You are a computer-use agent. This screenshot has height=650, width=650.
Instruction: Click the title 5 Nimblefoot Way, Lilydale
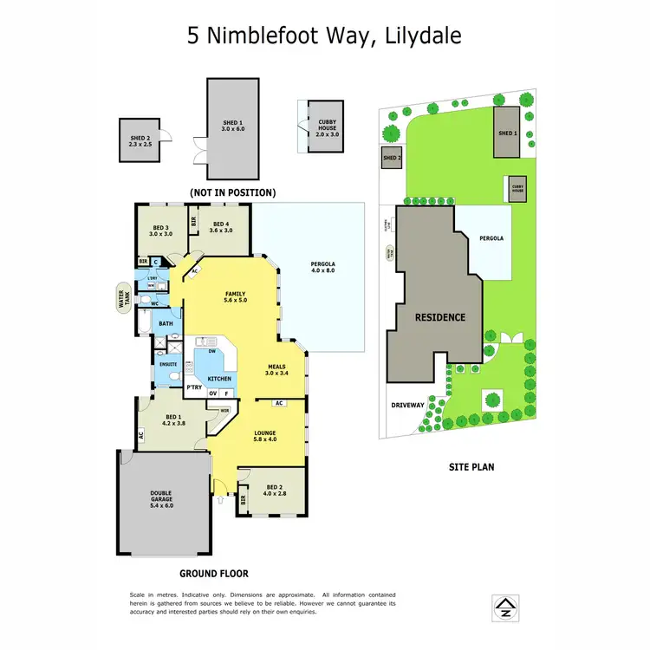point(324,36)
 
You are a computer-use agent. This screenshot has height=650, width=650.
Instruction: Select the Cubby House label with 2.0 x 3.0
point(327,132)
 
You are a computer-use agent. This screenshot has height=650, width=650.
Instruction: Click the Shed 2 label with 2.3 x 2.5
point(141,140)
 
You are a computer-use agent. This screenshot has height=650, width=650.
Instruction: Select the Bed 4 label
point(223,227)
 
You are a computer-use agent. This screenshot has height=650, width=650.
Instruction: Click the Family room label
point(236,297)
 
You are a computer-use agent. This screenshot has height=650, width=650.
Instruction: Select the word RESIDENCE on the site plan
point(439,317)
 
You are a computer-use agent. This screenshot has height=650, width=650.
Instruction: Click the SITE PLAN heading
point(471,466)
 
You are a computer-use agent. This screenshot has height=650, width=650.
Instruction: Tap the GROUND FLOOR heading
point(213,573)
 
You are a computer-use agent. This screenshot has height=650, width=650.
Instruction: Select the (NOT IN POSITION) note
point(233,192)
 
